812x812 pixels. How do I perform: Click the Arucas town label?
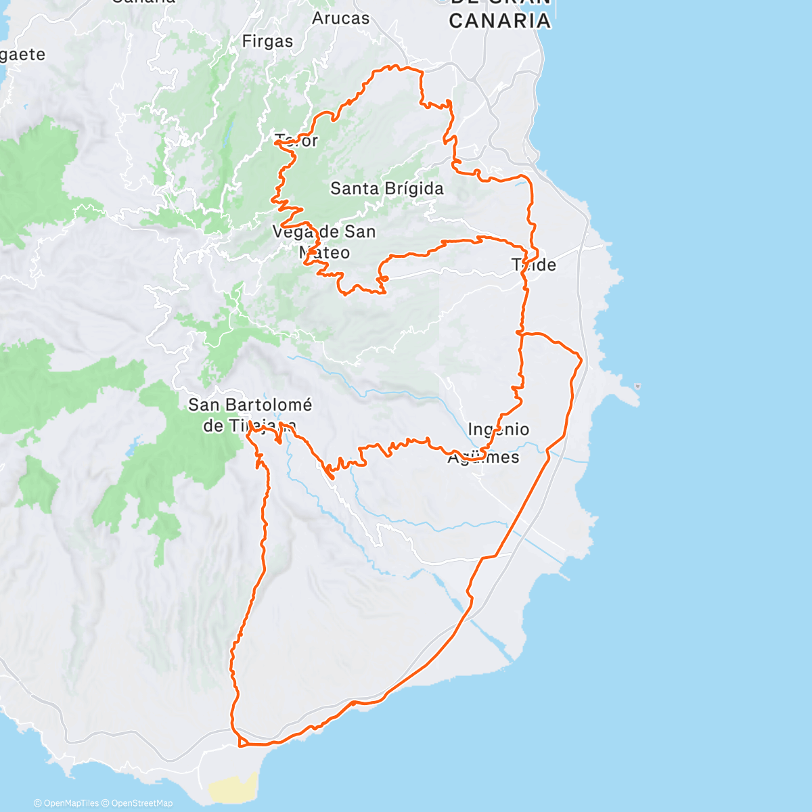(340, 18)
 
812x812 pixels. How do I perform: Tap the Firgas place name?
(267, 41)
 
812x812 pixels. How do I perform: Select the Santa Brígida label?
(386, 189)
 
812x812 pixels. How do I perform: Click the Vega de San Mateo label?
(323, 242)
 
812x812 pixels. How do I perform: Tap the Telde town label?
(534, 265)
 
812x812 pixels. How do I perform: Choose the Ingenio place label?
(498, 430)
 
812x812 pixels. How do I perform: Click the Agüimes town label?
(483, 457)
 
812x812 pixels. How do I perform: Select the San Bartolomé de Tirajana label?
(250, 415)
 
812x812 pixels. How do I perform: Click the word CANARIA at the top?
(499, 20)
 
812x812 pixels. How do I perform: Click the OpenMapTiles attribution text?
(66, 803)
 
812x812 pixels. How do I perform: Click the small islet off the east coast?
(637, 387)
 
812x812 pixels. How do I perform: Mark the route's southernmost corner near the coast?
(240, 746)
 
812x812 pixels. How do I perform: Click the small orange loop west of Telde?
(383, 278)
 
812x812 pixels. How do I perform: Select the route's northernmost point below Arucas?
(390, 66)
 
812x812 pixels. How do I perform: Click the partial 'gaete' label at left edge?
(22, 55)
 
